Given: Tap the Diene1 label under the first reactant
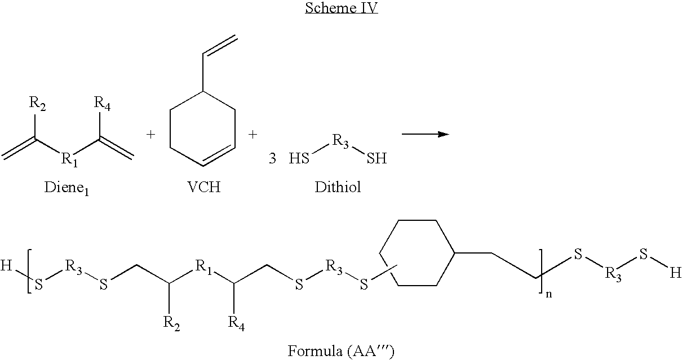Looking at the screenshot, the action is (67, 188).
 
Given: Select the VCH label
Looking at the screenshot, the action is (203, 186).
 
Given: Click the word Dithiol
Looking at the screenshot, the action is (338, 186).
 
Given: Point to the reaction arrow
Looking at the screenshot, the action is (426, 134).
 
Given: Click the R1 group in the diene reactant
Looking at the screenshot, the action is (69, 159).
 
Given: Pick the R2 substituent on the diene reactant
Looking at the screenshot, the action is (37, 104).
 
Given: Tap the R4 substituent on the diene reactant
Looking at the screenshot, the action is (102, 104).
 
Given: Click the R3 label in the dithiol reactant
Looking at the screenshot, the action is (340, 141).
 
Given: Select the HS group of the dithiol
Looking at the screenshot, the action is (299, 158).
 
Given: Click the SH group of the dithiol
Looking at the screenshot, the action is (377, 158).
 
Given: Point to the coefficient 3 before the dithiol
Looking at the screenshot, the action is (272, 158).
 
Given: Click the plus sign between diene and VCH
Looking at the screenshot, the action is (150, 134).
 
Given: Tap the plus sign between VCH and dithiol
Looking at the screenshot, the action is (253, 134).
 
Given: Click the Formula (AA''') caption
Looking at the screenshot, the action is (341, 351).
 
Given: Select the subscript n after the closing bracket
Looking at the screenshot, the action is (549, 294).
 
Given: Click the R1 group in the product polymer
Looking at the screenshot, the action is (203, 267).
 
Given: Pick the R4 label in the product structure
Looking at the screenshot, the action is (236, 323).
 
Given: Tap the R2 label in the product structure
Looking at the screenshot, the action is (172, 323).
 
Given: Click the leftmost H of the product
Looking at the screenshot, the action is (6, 265).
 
